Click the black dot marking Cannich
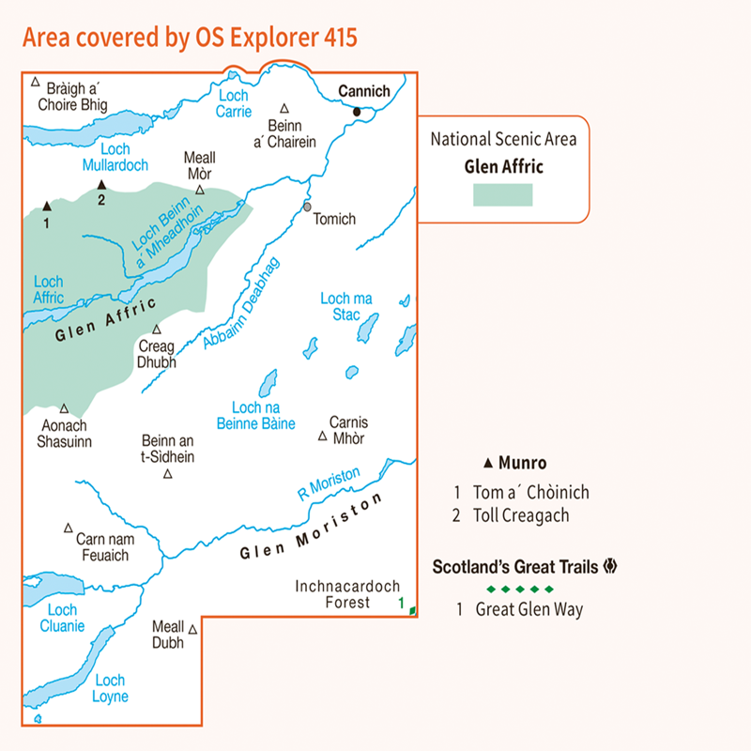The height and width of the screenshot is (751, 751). (357, 113)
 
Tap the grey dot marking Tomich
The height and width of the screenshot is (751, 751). (307, 207)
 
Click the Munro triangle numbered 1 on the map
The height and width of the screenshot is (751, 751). (46, 205)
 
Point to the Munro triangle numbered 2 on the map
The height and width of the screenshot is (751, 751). (100, 186)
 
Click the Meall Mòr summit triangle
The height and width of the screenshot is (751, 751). (200, 190)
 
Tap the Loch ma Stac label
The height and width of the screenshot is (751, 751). (347, 306)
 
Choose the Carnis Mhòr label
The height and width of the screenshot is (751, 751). (348, 430)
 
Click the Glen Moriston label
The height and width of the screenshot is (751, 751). (312, 529)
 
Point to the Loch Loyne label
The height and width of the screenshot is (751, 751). (111, 688)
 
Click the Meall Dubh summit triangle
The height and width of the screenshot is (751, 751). (192, 630)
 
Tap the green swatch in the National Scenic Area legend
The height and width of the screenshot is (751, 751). (502, 194)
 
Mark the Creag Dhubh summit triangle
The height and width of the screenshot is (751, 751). (157, 330)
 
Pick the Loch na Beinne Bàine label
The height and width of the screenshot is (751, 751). (263, 415)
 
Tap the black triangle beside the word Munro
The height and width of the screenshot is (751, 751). (488, 463)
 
